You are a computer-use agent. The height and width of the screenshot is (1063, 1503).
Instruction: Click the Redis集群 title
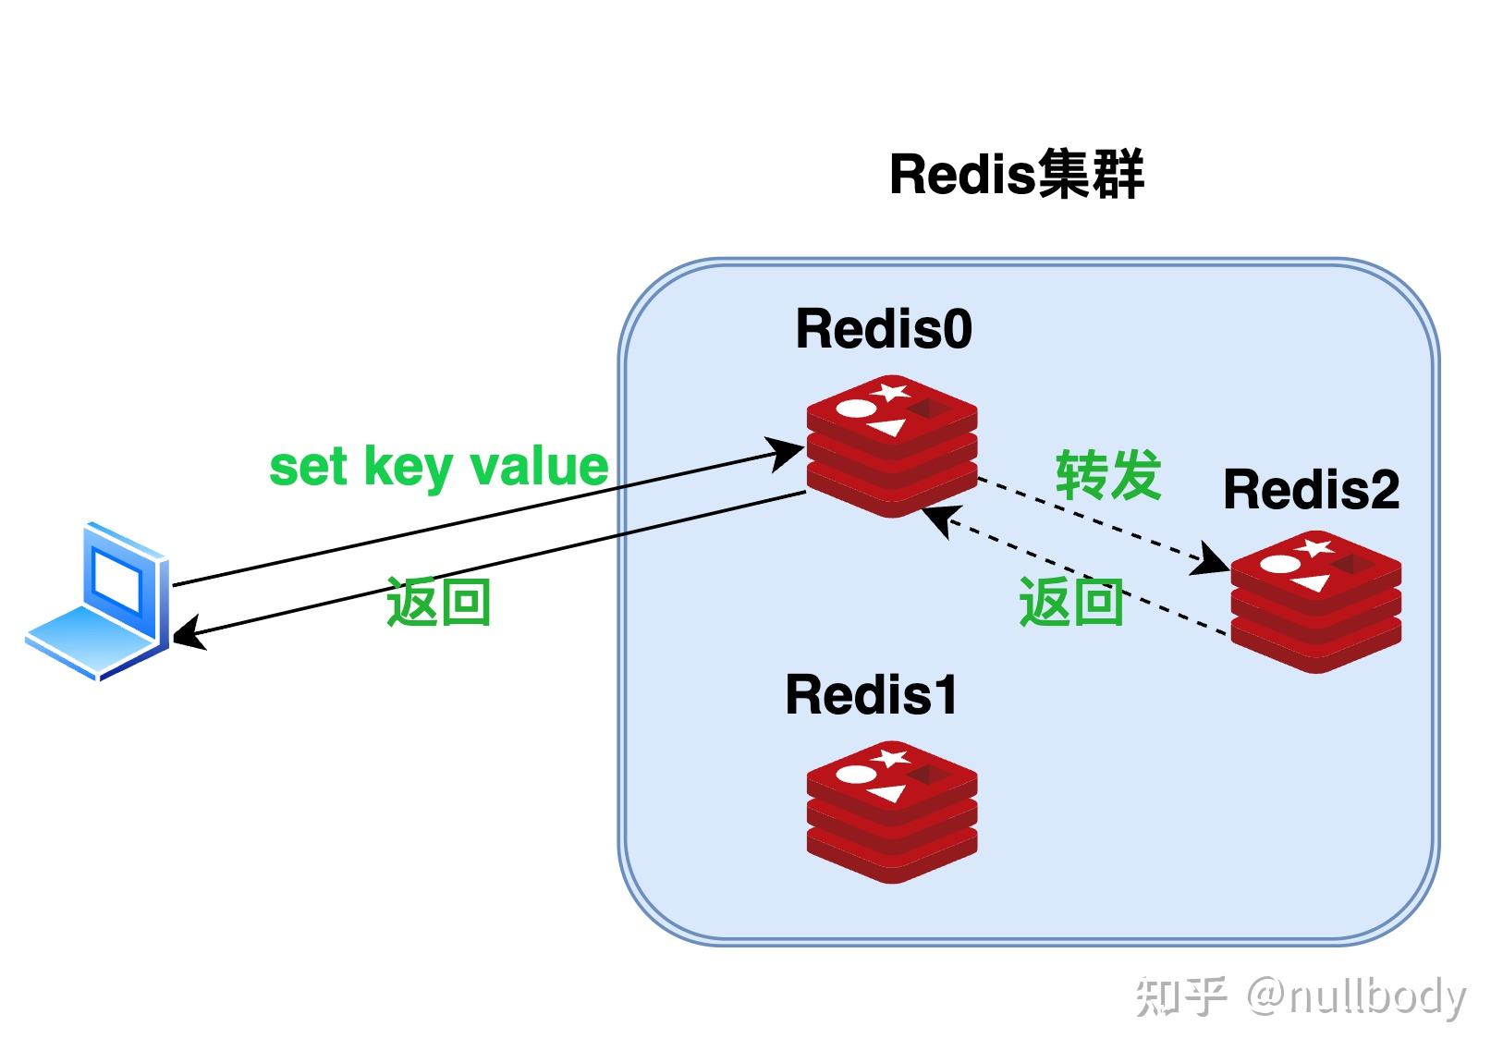point(1016,174)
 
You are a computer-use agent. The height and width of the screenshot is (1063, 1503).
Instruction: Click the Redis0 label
point(883,329)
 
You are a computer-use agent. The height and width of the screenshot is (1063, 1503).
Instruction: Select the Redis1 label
point(871,695)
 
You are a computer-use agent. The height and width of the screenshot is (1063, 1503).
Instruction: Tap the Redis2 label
point(1310,490)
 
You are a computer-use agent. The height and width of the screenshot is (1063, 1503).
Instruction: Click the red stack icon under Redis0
point(891,446)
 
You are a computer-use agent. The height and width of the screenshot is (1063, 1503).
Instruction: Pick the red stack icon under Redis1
point(891,813)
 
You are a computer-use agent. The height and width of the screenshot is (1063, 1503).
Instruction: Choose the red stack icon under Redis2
point(1315,603)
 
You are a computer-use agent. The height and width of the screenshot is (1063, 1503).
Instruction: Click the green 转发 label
point(1107,476)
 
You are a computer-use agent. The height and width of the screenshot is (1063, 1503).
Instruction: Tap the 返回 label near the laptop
point(437,603)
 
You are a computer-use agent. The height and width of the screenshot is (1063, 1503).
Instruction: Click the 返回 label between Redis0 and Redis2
point(1070,603)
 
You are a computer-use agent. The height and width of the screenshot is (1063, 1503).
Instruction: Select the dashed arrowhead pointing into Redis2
point(1211,562)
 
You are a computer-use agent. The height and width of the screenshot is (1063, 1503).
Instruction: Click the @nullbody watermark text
point(1355,996)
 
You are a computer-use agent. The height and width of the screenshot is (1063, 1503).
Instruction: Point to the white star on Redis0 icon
point(890,391)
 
